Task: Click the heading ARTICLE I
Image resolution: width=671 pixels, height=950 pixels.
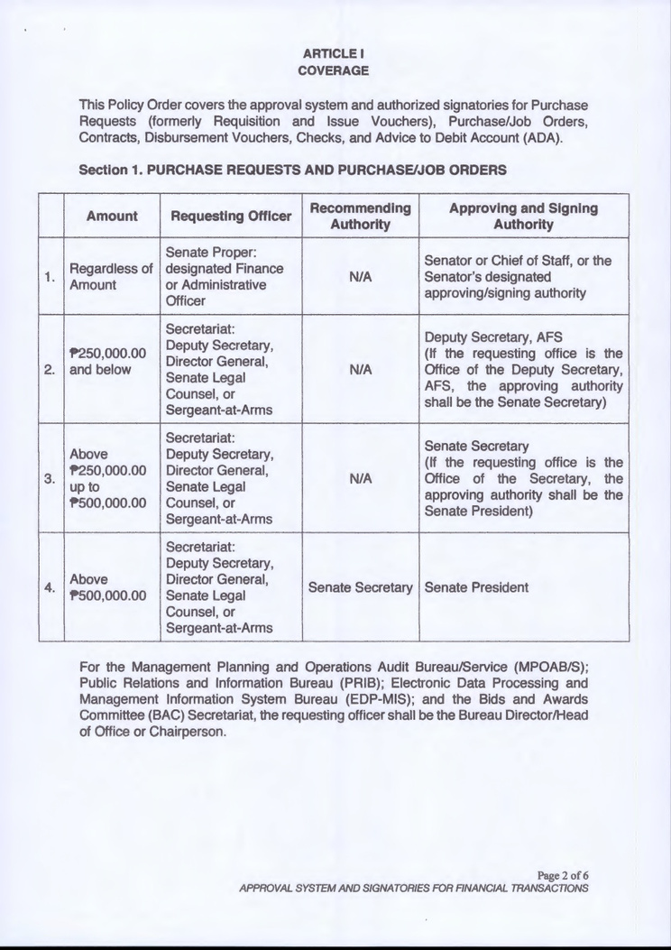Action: click(x=335, y=52)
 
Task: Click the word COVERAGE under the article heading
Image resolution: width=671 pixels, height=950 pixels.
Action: click(x=335, y=69)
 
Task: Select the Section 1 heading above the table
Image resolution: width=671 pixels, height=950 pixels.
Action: click(x=292, y=170)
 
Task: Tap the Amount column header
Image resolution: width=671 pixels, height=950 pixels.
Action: click(x=112, y=216)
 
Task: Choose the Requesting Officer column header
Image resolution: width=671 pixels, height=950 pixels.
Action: click(x=231, y=216)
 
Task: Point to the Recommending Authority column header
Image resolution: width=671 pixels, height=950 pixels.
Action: click(x=360, y=216)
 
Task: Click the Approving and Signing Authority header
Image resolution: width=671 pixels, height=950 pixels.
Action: click(x=523, y=216)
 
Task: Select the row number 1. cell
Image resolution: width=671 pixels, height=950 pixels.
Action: click(x=51, y=276)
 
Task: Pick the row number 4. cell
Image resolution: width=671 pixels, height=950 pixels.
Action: click(x=51, y=587)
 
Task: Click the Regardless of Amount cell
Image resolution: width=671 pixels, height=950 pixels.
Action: click(x=111, y=276)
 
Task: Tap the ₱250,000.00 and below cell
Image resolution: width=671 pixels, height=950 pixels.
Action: click(x=107, y=361)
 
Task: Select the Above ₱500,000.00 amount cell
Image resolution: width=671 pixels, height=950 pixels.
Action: click(x=107, y=587)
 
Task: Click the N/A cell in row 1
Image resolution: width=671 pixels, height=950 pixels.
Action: click(x=360, y=276)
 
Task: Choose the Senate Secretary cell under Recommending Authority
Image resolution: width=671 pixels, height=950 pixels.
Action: click(x=360, y=587)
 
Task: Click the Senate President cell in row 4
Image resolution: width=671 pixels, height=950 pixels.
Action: click(x=476, y=587)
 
